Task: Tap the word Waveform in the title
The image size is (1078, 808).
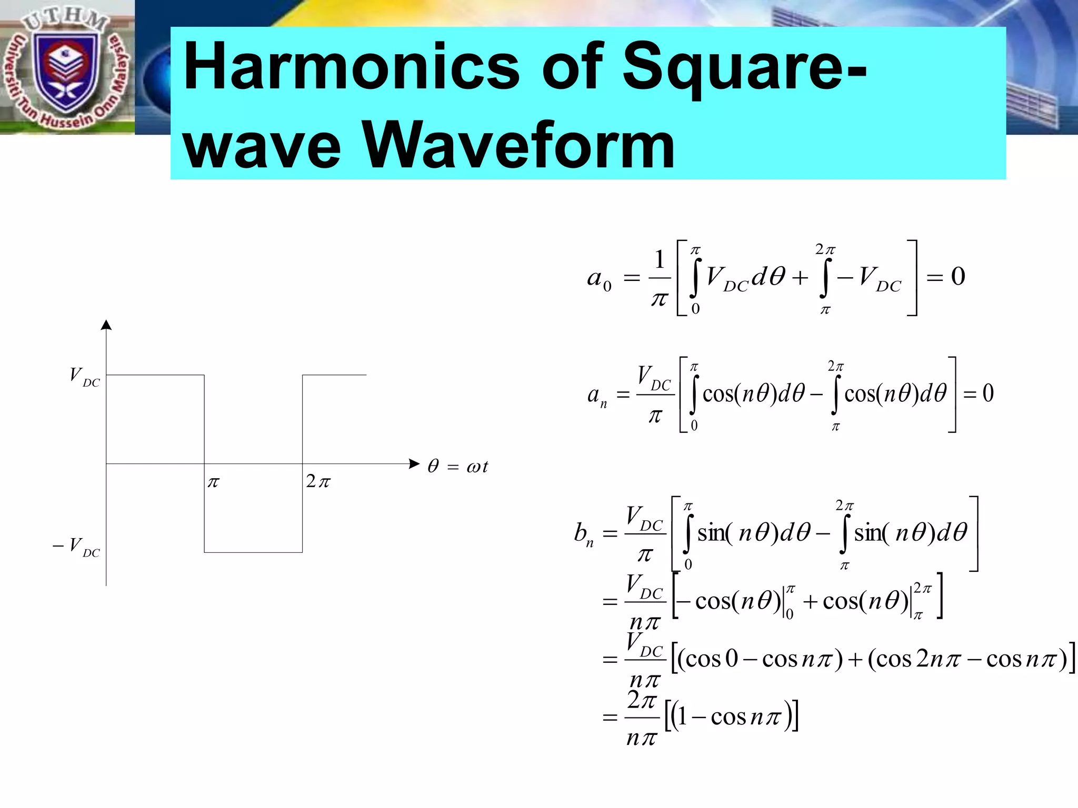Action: click(518, 145)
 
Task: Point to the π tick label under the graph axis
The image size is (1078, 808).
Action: click(213, 482)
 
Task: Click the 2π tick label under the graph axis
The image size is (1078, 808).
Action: click(318, 481)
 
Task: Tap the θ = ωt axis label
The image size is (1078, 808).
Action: click(458, 466)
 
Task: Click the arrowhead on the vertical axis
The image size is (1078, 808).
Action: click(106, 325)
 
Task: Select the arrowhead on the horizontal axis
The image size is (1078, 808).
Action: click(414, 463)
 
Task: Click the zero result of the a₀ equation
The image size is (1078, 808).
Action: click(958, 276)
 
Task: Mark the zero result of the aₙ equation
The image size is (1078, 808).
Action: click(988, 393)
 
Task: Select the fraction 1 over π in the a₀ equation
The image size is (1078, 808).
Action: click(660, 279)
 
